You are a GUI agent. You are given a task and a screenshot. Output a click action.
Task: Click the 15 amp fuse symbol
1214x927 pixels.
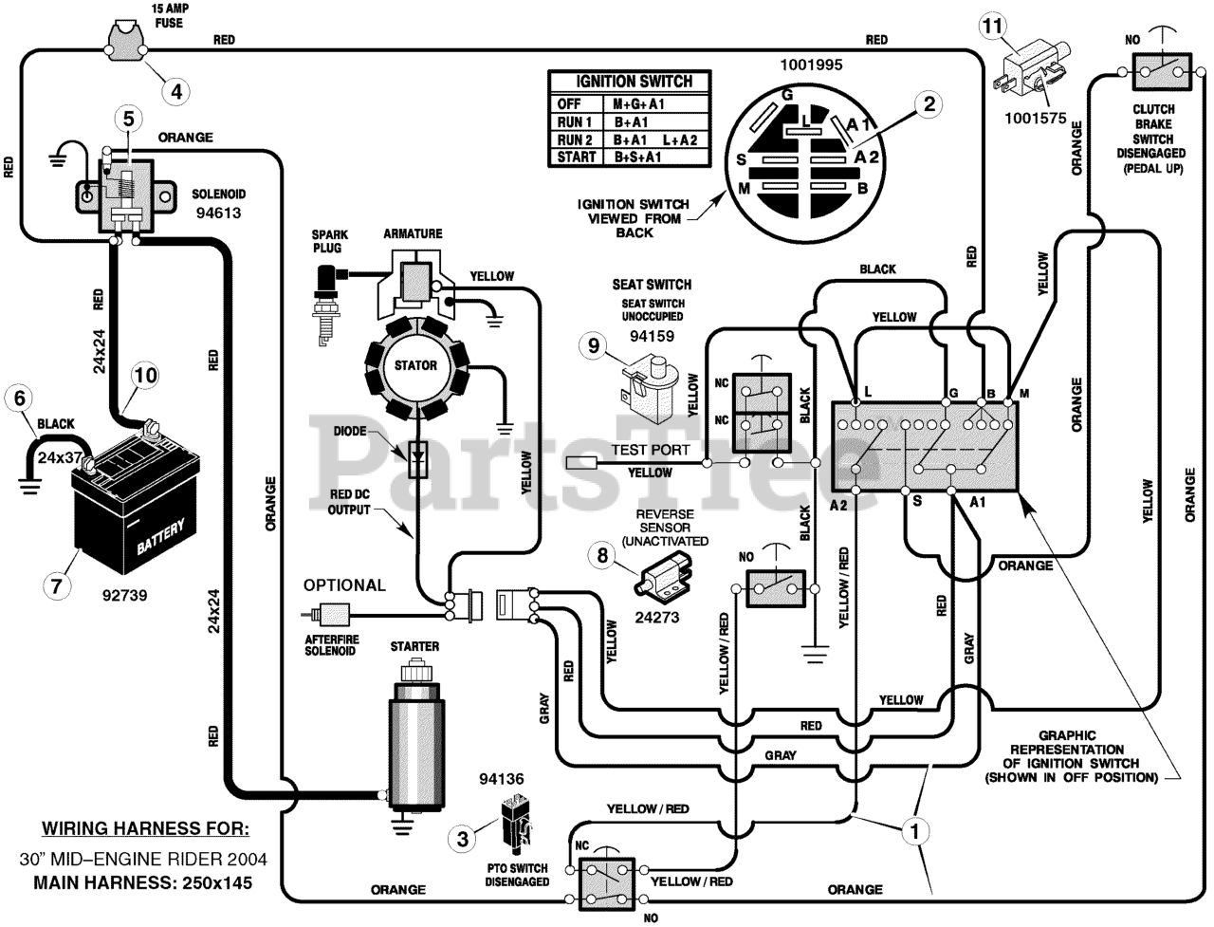(125, 39)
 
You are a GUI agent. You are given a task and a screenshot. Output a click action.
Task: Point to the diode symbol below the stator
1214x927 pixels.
(417, 459)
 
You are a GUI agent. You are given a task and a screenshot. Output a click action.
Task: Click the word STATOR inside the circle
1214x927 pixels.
(415, 365)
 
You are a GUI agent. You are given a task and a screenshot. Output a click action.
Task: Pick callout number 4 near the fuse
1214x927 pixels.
(176, 91)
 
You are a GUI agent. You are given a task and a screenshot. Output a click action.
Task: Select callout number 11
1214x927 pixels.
(993, 26)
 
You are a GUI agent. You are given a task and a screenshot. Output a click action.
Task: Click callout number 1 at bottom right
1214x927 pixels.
(914, 831)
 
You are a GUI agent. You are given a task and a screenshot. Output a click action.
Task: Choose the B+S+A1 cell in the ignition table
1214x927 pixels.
(637, 158)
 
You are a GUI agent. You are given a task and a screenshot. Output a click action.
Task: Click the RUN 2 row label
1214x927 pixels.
(574, 139)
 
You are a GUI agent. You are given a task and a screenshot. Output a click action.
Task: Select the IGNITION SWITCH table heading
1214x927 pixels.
(634, 82)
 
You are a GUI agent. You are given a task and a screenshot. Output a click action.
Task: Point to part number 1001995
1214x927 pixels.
(811, 65)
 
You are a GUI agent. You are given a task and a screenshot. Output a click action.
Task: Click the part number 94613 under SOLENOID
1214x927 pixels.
(218, 213)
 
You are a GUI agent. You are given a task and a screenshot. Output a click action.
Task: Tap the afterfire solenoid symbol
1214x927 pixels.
(330, 615)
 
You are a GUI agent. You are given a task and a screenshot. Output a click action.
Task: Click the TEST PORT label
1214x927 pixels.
(651, 450)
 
